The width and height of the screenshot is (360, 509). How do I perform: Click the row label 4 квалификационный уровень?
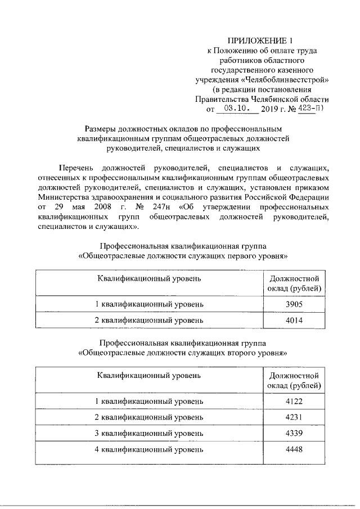click(148, 449)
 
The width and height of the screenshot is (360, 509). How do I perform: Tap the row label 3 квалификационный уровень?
click(148, 434)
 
